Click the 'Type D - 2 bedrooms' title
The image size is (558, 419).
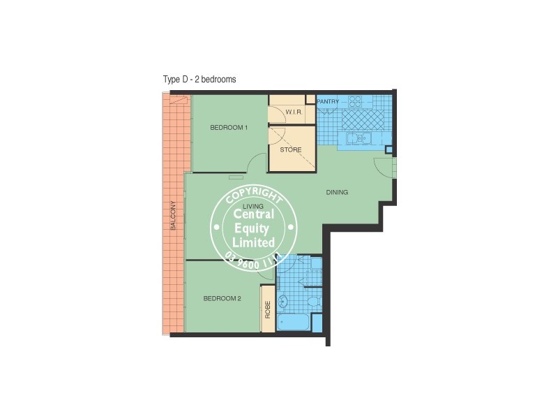point(199,80)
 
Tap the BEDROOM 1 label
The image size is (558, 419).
point(229,127)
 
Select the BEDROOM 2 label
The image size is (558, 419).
point(222,299)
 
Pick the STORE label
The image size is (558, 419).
point(290,149)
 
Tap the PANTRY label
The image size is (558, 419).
point(328,102)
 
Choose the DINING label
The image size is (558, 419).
point(336,192)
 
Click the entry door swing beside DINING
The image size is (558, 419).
point(383,168)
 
